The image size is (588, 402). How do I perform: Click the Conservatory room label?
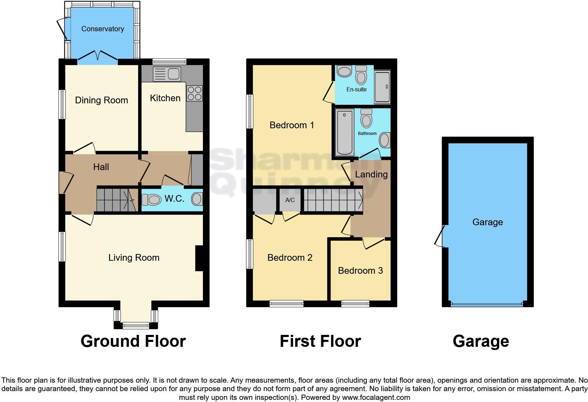click(102, 29)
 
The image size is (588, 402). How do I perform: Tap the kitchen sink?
click(167, 74)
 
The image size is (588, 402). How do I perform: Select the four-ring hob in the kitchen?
click(194, 93)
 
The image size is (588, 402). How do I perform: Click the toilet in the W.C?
click(151, 200)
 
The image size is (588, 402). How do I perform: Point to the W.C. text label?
click(174, 199)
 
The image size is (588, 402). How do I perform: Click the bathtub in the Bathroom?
click(345, 132)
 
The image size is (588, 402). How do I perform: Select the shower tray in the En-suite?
click(382, 87)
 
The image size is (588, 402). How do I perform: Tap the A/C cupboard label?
click(290, 200)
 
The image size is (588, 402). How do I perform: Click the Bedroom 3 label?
click(360, 271)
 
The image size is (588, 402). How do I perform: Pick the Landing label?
click(371, 174)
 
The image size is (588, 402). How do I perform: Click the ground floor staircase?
click(116, 200)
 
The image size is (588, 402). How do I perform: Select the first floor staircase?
click(332, 200)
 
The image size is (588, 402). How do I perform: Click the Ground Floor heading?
click(133, 341)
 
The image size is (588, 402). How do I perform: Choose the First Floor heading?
click(320, 341)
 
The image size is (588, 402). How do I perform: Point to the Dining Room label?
click(101, 100)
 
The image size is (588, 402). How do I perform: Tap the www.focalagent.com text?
click(376, 398)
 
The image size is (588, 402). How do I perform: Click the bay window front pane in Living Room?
click(136, 325)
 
